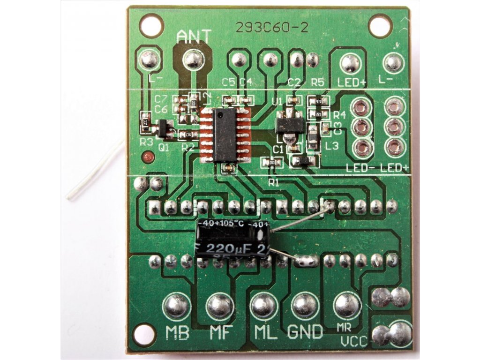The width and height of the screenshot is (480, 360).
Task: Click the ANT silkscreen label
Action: point(194,37)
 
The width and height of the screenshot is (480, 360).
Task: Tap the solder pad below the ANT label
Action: point(193,60)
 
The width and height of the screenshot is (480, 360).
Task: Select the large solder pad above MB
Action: point(176,306)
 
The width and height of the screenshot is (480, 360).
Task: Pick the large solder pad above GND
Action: point(305,306)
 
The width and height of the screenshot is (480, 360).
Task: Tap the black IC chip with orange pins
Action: point(225,135)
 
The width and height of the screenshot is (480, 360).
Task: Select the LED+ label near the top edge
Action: point(351,82)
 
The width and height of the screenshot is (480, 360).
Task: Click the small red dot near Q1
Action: point(149,157)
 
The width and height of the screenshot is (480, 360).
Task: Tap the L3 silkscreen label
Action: point(332,146)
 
